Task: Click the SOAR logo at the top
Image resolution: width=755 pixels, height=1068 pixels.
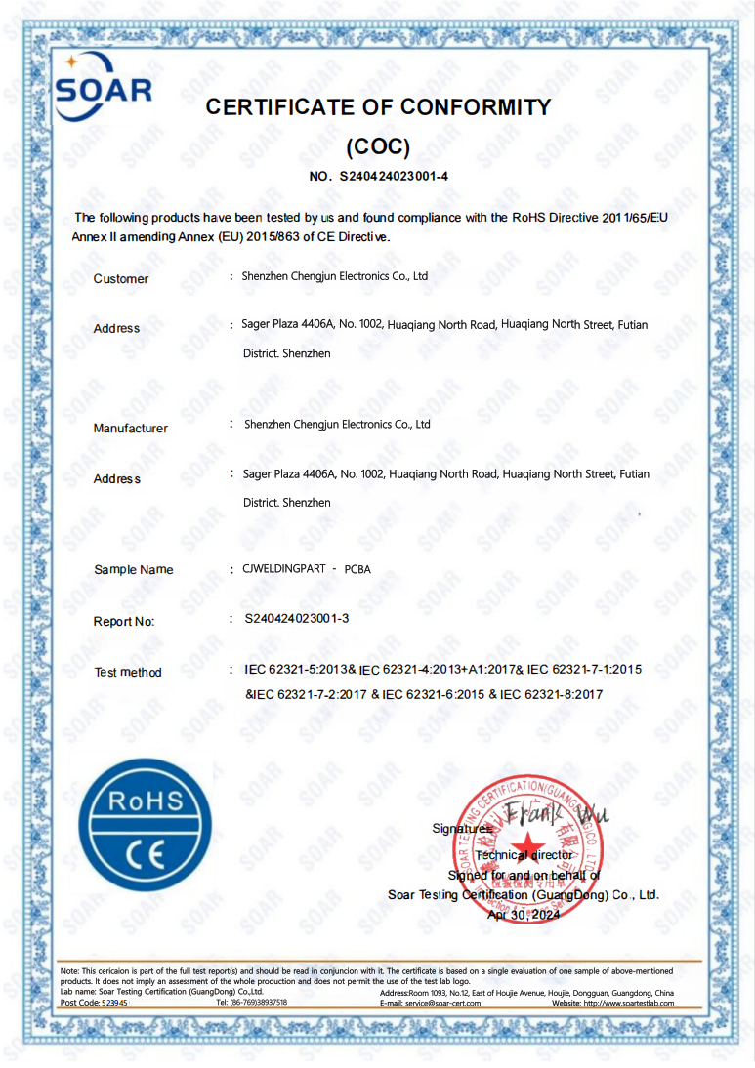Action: tap(103, 88)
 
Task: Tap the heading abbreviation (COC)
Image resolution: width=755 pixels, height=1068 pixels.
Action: tap(378, 147)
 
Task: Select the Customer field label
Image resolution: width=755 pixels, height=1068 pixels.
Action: tap(121, 279)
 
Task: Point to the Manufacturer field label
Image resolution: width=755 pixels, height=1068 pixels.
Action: tap(130, 429)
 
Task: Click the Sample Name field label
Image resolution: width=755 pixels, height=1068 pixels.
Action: tap(133, 570)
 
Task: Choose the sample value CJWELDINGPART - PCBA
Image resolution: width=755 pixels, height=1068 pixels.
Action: tap(307, 568)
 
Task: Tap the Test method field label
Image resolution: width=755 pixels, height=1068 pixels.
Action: tap(128, 672)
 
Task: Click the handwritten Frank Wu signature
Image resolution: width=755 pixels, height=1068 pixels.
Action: tap(552, 812)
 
